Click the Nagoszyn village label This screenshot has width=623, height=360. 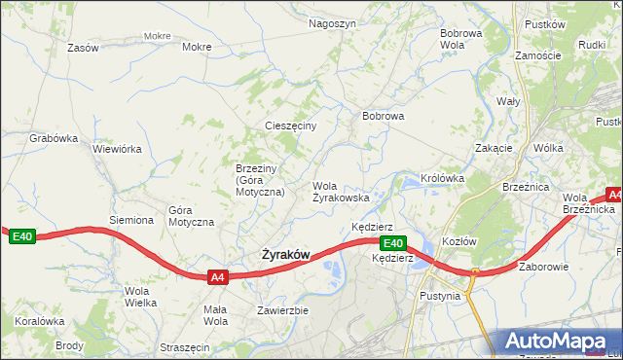pos(332,23)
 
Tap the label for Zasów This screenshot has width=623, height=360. pos(83,48)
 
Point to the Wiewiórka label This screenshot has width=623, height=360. pos(117,150)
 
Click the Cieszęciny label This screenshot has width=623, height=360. pos(291,126)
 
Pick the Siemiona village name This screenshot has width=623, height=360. pos(131,220)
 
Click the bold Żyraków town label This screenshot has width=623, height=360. pos(285,255)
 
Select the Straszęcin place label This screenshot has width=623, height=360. pos(184,347)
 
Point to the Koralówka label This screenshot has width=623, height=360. pos(39,321)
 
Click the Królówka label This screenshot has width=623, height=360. pos(442,179)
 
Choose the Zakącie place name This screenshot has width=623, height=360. pos(494,148)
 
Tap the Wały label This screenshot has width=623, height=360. pos(508,101)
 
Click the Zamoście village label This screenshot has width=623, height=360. pos(538,55)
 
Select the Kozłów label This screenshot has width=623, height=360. pos(458,241)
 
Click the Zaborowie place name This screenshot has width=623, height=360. pos(543,266)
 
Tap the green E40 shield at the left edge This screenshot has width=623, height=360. pos(21,236)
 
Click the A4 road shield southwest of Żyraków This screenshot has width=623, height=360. pos(218,277)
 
